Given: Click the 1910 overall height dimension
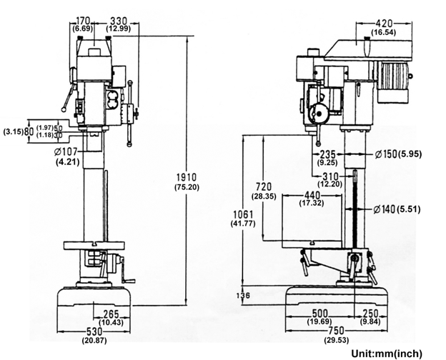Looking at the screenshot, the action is click(187, 177).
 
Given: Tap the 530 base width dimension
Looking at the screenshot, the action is click(94, 332).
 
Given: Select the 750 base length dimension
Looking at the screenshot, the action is click(336, 331).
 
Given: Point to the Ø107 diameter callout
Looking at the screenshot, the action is click(66, 152).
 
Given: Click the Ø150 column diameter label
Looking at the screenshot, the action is click(385, 154).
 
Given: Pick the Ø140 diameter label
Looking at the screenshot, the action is click(385, 209).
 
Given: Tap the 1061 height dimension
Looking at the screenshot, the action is click(243, 214).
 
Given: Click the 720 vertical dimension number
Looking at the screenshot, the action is click(264, 187).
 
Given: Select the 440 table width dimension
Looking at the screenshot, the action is click(312, 196).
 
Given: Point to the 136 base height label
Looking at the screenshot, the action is click(243, 296).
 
